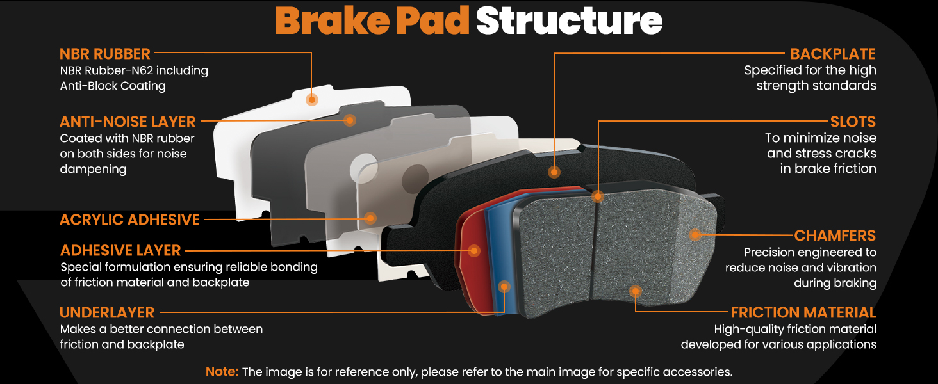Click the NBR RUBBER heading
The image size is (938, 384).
pyautogui.click(x=104, y=54)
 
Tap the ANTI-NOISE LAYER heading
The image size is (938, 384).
pyautogui.click(x=128, y=122)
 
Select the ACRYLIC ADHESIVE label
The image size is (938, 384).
pyautogui.click(x=130, y=220)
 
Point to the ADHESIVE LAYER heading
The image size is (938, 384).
pyautogui.click(x=120, y=251)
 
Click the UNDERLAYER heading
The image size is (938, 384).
pyautogui.click(x=107, y=312)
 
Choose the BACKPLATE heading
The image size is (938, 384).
pyautogui.click(x=833, y=54)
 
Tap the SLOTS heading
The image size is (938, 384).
pyautogui.click(x=853, y=122)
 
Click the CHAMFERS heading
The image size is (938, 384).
pyautogui.click(x=835, y=236)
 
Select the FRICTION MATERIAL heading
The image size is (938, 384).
pyautogui.click(x=803, y=312)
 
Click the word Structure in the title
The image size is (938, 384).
pyautogui.click(x=570, y=20)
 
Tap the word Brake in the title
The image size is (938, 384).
pyautogui.click(x=332, y=20)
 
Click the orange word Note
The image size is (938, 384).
pyautogui.click(x=222, y=371)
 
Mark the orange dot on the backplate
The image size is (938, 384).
pyautogui.click(x=554, y=172)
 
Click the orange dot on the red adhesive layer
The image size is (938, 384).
pyautogui.click(x=474, y=251)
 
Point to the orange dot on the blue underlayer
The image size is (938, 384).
pyautogui.click(x=505, y=287)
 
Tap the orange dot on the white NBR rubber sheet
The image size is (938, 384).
pyautogui.click(x=311, y=100)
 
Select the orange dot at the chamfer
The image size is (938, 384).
pyautogui.click(x=695, y=235)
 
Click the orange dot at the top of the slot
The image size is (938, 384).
pyautogui.click(x=598, y=196)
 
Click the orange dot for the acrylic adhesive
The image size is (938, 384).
pyautogui.click(x=370, y=218)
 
